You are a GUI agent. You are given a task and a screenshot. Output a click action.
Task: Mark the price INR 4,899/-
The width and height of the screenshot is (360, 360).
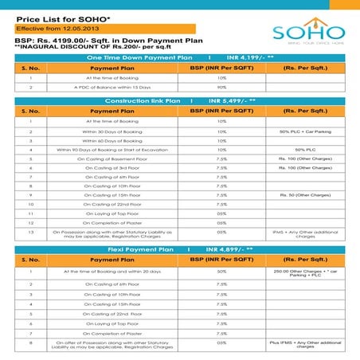tap(225, 249)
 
